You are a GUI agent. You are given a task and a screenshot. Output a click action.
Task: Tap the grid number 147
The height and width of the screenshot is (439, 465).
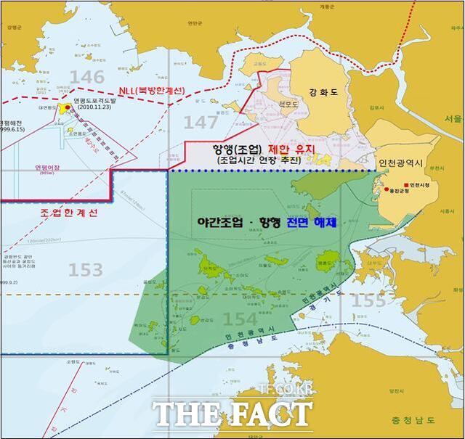pos(200,122)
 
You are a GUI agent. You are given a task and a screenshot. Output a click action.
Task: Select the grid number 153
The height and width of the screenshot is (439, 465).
pos(85,270)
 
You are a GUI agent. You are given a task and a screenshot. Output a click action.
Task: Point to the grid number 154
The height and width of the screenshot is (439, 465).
pos(240,319)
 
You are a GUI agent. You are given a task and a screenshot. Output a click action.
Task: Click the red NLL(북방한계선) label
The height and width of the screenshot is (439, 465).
pos(152,91)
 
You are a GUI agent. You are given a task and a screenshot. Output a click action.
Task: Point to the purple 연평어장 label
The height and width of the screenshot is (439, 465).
pos(46,165)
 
